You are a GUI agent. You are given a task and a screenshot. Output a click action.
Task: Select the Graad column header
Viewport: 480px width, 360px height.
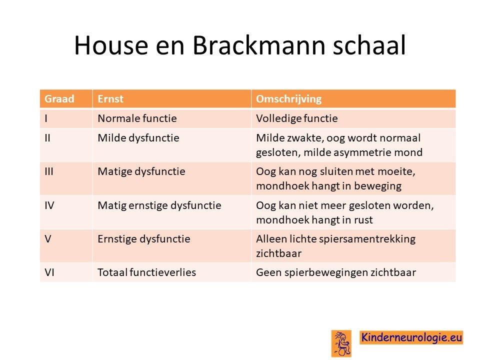point(59,99)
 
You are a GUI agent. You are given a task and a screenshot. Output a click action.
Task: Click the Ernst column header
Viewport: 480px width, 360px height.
point(110,99)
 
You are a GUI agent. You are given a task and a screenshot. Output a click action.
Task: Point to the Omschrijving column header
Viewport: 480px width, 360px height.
point(288,99)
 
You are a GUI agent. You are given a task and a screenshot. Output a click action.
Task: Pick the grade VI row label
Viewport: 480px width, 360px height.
point(49,272)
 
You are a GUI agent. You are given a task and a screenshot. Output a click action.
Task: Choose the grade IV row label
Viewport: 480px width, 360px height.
point(49,205)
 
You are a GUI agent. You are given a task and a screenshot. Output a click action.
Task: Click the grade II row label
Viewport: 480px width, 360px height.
point(47,138)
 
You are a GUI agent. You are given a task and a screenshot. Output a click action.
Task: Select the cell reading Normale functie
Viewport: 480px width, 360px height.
point(137,118)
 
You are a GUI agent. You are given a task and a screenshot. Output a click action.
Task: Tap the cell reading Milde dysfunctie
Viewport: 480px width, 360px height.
point(138,138)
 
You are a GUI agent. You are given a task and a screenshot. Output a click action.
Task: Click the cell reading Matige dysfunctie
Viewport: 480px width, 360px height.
point(141,171)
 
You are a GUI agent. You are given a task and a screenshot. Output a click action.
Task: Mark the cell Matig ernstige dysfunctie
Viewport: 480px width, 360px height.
point(159,205)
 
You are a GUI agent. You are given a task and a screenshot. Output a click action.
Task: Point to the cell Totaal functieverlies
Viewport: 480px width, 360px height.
point(146,272)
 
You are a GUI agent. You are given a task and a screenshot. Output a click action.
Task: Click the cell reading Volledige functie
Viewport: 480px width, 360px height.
point(297,118)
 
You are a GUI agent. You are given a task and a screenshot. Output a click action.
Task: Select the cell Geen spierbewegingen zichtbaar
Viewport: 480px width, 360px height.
point(336,272)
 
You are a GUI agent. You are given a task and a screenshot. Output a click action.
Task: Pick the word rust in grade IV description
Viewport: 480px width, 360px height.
point(363,220)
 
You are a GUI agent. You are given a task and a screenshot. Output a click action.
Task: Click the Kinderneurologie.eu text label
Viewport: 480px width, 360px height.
point(411,337)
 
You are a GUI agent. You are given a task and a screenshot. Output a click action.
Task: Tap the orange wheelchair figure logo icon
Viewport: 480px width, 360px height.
point(341,343)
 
